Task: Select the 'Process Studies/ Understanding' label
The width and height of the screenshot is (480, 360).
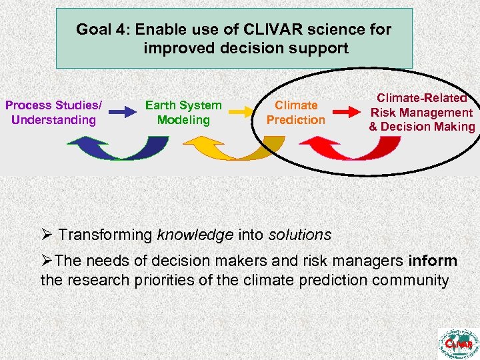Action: (54, 113)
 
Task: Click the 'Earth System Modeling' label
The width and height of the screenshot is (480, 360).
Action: (183, 113)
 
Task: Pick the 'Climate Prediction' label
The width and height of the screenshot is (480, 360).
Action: (296, 113)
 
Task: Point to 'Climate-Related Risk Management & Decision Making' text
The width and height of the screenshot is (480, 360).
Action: (422, 113)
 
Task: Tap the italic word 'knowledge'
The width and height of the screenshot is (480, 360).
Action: (191, 235)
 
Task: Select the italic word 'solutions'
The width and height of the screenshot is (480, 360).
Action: (299, 235)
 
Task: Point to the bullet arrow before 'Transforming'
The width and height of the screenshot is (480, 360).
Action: (46, 235)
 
